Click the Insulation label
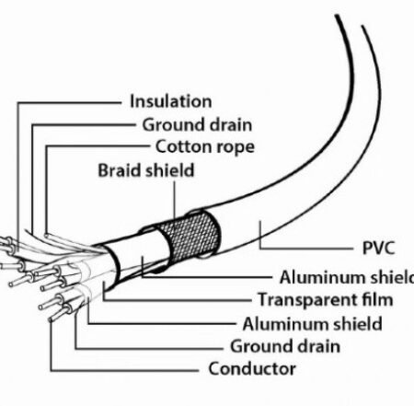[171, 101]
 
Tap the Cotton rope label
[205, 146]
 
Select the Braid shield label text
[146, 170]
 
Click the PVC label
[378, 248]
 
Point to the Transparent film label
[326, 299]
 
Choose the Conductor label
[252, 368]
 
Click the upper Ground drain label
[197, 125]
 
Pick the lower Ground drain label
[285, 346]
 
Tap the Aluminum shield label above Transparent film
[347, 277]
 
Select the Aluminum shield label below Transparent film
[312, 324]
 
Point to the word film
[377, 299]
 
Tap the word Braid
[119, 170]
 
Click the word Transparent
[307, 299]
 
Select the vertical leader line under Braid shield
[175, 201]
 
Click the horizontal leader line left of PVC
[306, 248]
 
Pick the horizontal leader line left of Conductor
[124, 370]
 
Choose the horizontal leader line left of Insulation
[69, 103]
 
